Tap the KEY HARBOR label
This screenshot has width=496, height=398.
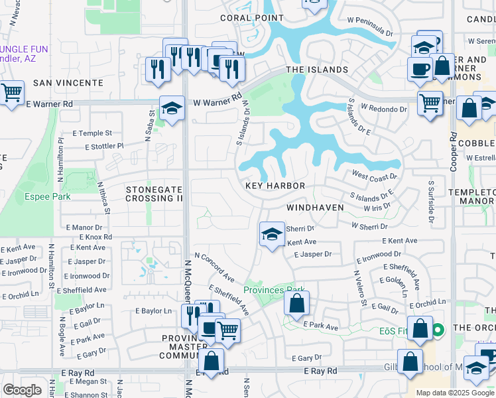[x=275, y=186]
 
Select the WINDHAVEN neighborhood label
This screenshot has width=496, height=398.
[x=315, y=208]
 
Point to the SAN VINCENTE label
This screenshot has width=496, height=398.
[x=68, y=83]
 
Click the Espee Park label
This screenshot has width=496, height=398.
[x=48, y=196]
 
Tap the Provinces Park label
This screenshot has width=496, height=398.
[x=273, y=290]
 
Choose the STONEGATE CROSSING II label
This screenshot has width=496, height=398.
[x=154, y=194]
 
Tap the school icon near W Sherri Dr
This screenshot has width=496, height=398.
[x=271, y=235]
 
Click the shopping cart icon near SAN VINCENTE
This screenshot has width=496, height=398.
[x=11, y=94]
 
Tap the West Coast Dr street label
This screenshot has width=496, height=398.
[x=374, y=176]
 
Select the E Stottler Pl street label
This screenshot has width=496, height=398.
[x=98, y=145]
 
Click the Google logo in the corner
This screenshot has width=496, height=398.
[x=22, y=390]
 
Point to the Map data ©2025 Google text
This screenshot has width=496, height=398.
[x=455, y=393]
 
